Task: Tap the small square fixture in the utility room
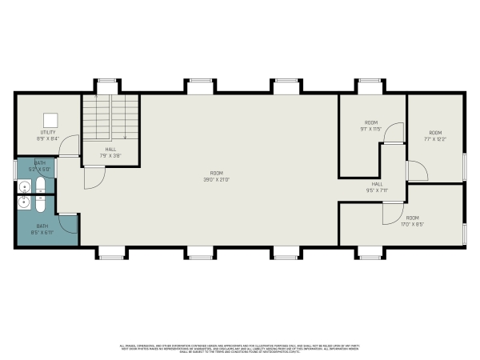47,117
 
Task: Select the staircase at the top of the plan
111,118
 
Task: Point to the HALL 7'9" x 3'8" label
111,151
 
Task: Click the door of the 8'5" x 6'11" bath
67,223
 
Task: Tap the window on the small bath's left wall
14,169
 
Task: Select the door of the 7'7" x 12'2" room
416,170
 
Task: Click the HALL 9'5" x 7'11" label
377,187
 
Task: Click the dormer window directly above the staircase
106,83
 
